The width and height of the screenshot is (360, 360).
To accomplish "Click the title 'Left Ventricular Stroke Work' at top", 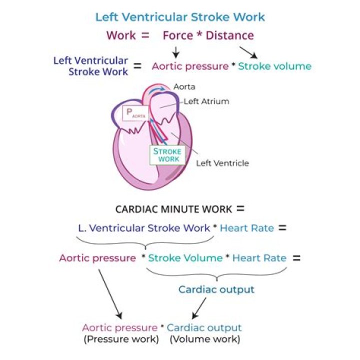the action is click(180, 17).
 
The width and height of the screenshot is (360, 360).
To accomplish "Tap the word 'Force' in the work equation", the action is click(178, 35).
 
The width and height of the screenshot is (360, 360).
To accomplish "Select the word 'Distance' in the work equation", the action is click(230, 35).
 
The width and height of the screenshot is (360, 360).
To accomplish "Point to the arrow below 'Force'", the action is click(176, 52).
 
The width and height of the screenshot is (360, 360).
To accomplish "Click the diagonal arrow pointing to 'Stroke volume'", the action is click(248, 52).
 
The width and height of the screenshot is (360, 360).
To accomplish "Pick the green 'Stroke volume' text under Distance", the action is click(275, 66).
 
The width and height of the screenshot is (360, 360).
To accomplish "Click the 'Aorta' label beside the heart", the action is click(184, 87).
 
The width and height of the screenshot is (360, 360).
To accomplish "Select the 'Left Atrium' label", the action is click(206, 101).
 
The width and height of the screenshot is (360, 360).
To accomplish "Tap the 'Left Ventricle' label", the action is click(222, 163).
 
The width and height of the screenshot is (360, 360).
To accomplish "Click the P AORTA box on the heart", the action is click(135, 113).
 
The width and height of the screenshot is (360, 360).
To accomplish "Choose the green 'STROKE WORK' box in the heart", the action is click(167, 155).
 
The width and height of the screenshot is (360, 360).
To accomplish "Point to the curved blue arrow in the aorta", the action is click(157, 89).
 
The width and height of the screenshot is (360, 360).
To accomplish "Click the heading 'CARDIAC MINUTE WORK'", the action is click(173, 209).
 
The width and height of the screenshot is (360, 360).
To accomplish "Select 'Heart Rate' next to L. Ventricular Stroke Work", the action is click(247, 228).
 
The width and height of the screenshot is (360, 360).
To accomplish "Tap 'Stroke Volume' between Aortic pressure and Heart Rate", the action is click(185, 258).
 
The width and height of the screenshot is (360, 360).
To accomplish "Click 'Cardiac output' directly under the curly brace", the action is click(216, 289).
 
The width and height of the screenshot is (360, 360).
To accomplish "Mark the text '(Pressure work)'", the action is click(121, 339).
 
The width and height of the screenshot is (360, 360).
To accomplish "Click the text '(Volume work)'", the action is click(205, 339).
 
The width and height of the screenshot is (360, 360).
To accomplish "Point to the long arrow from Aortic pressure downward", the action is click(110, 294).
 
